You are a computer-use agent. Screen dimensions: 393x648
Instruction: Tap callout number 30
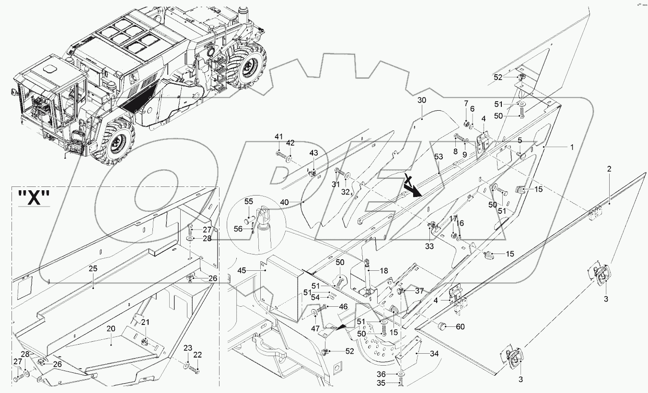pyautogui.click(x=422, y=101)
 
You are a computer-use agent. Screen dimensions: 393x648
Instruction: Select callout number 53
pyautogui.click(x=439, y=157)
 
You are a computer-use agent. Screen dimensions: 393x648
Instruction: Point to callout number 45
pyautogui.click(x=255, y=270)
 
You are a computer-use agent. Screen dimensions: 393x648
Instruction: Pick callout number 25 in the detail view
pyautogui.click(x=93, y=269)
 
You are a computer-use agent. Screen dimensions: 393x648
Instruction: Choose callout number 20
pyautogui.click(x=111, y=329)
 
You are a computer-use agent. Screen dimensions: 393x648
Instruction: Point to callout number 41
pyautogui.click(x=278, y=137)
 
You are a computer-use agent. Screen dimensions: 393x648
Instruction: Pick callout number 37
pyautogui.click(x=419, y=290)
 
